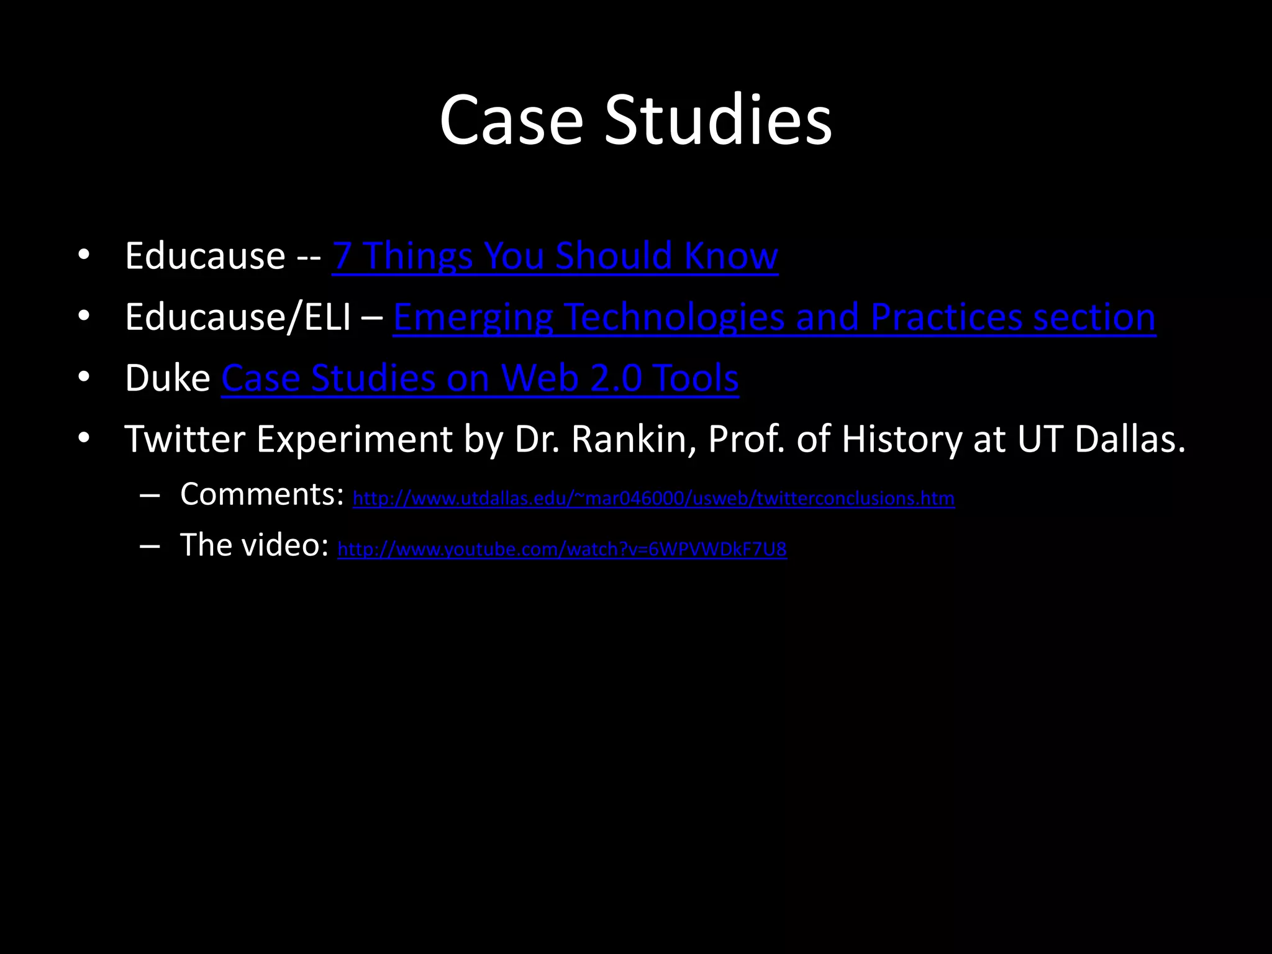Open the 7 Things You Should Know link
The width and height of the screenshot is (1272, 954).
[x=555, y=256]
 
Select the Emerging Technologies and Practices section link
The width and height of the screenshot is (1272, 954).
[x=774, y=317]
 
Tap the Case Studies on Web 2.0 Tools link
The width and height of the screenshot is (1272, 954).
[x=479, y=378]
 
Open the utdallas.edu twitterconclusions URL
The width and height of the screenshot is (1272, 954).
[x=653, y=498]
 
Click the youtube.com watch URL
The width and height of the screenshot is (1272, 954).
[x=561, y=549]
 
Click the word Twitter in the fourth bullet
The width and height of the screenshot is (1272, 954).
[x=184, y=439]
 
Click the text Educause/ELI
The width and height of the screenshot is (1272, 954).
[x=237, y=317]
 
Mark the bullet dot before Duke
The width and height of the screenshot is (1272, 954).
[x=84, y=377]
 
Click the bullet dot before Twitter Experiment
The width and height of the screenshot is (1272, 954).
[x=84, y=438]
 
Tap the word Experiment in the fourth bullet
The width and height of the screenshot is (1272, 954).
[x=354, y=439]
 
